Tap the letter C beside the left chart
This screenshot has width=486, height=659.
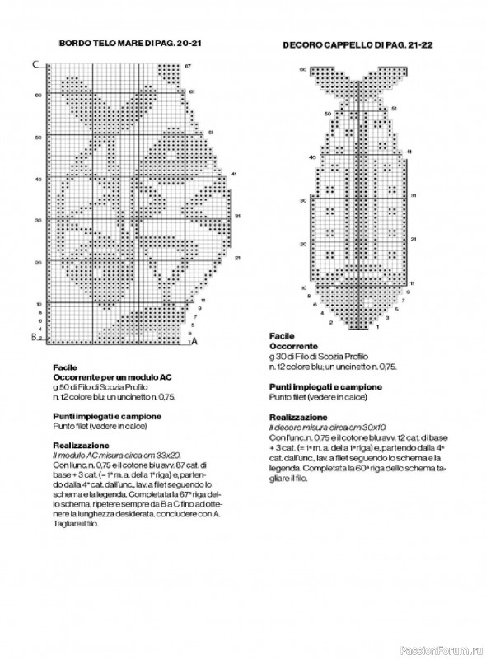(35, 64)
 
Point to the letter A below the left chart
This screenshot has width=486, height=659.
(194, 341)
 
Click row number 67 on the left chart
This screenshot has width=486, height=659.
(188, 65)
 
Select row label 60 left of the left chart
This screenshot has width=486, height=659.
(38, 95)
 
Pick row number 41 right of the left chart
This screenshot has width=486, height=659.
(235, 174)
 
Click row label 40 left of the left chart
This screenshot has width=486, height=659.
(38, 178)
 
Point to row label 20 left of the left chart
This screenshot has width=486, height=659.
(38, 262)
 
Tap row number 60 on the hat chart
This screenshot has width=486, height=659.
(303, 69)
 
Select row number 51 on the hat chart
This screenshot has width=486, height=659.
(395, 109)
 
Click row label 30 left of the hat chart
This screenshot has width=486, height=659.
(303, 200)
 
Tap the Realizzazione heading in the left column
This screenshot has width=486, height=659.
(81, 446)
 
